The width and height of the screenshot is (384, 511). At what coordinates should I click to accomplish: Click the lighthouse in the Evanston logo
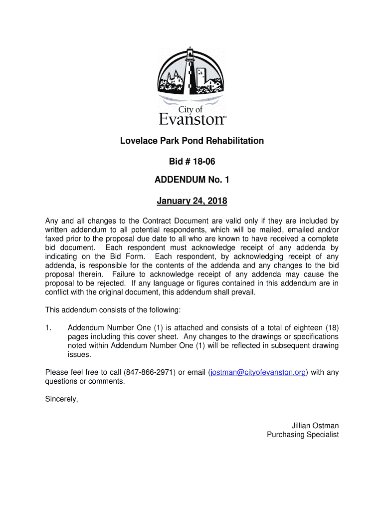[190, 70]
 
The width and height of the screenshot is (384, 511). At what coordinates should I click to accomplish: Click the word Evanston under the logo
[191, 119]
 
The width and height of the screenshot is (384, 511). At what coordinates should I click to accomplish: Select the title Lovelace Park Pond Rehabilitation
[192, 141]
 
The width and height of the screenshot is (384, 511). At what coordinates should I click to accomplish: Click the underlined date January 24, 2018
[192, 201]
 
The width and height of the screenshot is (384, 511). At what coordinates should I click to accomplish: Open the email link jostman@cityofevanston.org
[257, 372]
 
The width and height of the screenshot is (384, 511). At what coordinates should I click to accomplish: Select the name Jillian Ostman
[315, 426]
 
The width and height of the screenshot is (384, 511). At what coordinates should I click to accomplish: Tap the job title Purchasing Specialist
[303, 435]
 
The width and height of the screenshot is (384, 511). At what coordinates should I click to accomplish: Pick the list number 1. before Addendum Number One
[48, 328]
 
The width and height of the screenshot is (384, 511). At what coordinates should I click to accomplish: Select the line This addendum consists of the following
[113, 310]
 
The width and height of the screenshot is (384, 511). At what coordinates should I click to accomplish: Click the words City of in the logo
[191, 109]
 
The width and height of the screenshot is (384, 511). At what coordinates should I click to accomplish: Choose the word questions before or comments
[62, 381]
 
